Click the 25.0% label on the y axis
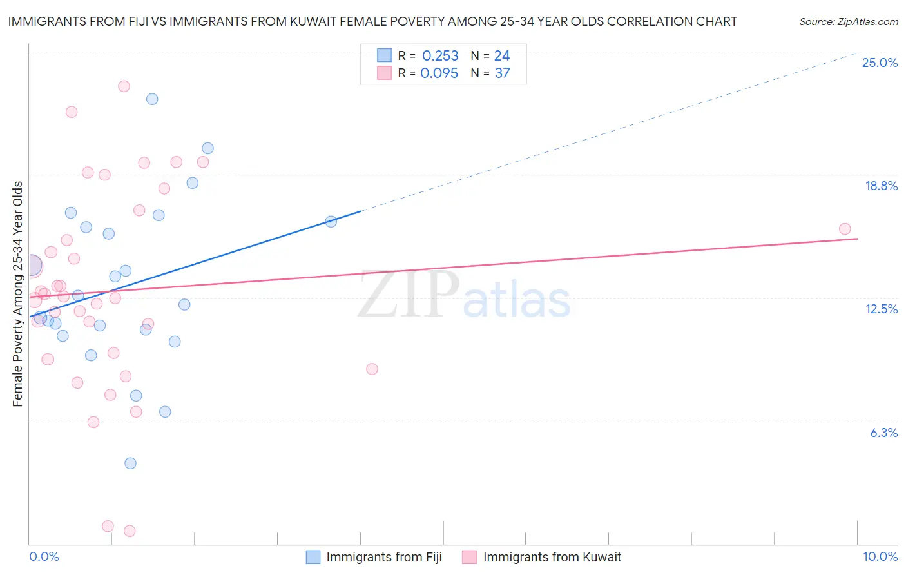click(x=880, y=63)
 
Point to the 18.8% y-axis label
click(x=881, y=186)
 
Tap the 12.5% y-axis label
click(x=881, y=309)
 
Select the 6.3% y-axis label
click(x=883, y=433)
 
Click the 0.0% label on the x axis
click(x=44, y=557)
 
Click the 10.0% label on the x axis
click(x=880, y=557)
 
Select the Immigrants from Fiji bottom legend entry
click(x=383, y=558)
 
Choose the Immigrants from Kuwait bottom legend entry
click(x=552, y=558)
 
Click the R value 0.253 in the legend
click(x=440, y=56)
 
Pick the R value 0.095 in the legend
click(x=439, y=73)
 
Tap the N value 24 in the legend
click(x=502, y=56)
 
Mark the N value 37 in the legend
click(x=502, y=73)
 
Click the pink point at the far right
click(x=845, y=229)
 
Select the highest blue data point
click(x=152, y=99)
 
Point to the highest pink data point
click(x=124, y=86)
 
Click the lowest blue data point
click(x=130, y=463)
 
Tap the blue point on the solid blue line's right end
click(x=331, y=222)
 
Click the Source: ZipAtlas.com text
click(x=848, y=22)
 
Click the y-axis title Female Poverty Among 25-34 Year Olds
click(x=18, y=294)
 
